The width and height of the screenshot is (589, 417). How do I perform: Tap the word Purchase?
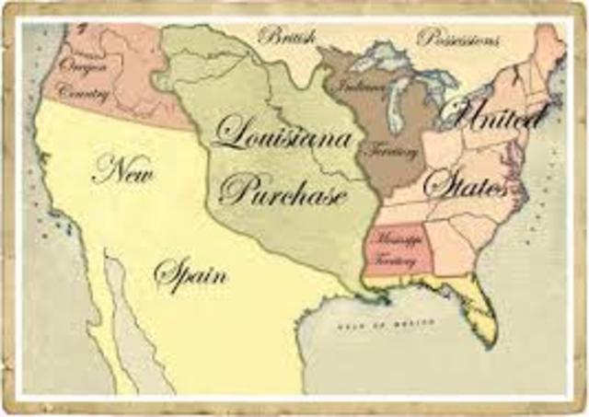tap(283, 191)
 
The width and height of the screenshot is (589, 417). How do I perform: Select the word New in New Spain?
tap(121, 170)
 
